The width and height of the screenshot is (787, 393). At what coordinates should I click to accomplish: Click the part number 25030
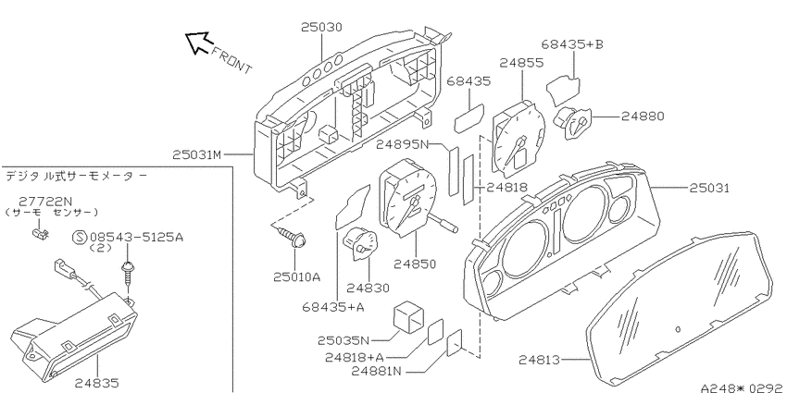(321, 27)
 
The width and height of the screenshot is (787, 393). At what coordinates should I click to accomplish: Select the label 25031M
(196, 155)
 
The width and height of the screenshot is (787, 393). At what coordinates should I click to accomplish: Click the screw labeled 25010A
(291, 237)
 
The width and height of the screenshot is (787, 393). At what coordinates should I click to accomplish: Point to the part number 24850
(415, 264)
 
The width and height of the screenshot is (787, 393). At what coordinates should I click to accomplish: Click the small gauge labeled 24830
(360, 244)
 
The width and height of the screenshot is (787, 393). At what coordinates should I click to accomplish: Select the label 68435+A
(333, 307)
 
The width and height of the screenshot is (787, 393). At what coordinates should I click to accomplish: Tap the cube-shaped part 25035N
(408, 317)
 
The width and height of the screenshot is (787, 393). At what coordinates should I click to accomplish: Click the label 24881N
(377, 372)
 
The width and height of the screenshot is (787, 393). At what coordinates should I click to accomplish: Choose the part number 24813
(539, 360)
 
